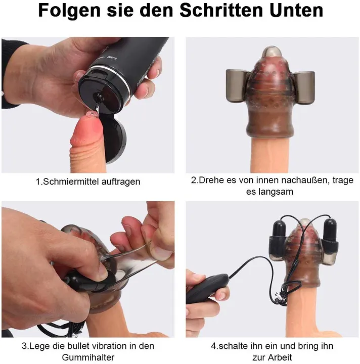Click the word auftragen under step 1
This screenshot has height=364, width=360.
point(121,181)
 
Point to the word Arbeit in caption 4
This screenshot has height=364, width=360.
point(282,358)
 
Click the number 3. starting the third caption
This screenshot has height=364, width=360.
point(24,346)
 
